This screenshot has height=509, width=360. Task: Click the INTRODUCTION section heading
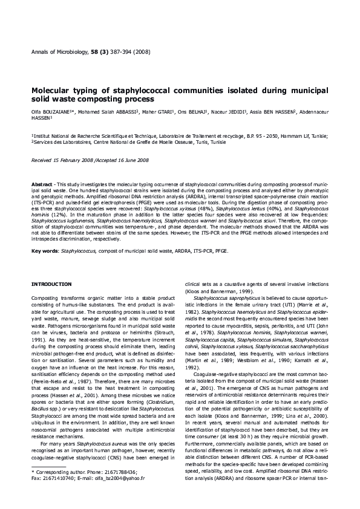[51, 284]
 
